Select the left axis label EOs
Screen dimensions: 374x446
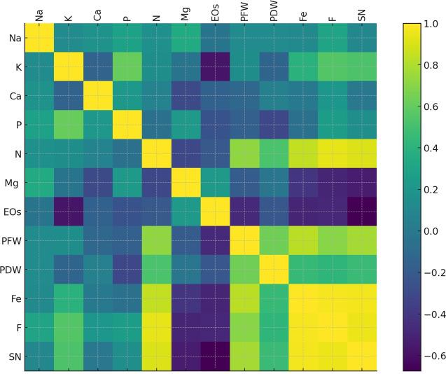12,211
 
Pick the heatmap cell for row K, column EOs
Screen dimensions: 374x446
215,67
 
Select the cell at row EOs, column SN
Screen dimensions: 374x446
361,211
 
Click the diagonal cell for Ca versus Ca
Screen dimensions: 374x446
98,95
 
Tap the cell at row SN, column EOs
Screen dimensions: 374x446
215,356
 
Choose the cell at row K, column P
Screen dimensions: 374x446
127,67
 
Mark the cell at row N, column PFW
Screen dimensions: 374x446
244,153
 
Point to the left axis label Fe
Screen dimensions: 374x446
14,298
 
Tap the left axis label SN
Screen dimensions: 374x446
14,356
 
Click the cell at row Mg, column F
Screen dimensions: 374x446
333,182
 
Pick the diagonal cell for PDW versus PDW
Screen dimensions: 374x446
274,269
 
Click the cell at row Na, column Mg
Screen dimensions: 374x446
186,38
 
